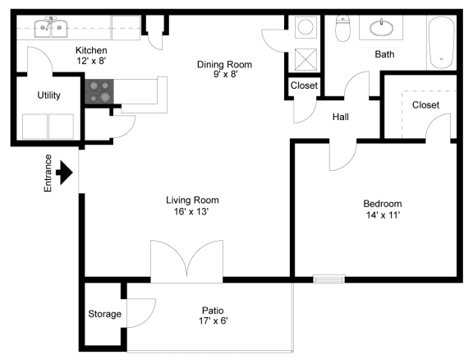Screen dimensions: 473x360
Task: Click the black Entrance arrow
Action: pos(64,173)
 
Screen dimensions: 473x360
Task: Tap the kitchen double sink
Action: pos(51,28)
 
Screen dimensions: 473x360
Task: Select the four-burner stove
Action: pos(99,91)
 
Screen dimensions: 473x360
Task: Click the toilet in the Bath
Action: pos(342,29)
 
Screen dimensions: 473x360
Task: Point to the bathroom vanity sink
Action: pos(382,28)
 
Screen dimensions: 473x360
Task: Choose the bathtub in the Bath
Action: pos(442,43)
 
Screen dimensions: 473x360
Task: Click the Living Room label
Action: pos(192,200)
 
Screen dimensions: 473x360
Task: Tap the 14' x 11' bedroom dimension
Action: pos(383,215)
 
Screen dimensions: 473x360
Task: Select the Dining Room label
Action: pos(224,64)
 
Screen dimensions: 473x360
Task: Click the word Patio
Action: pos(213,311)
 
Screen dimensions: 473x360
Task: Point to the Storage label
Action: pos(104,314)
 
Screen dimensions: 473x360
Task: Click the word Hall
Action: pos(341,117)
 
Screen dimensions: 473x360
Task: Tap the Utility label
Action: pos(49,95)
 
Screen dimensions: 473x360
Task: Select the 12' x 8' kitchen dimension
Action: pos(91,61)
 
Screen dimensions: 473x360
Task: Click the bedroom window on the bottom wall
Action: pos(328,279)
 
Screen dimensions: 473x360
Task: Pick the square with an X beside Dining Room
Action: pos(305,59)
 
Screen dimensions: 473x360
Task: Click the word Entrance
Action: pos(48,173)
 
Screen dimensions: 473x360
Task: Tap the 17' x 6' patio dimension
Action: pos(213,321)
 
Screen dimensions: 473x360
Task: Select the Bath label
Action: pos(384,54)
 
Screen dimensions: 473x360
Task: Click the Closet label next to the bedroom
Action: pos(425,105)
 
